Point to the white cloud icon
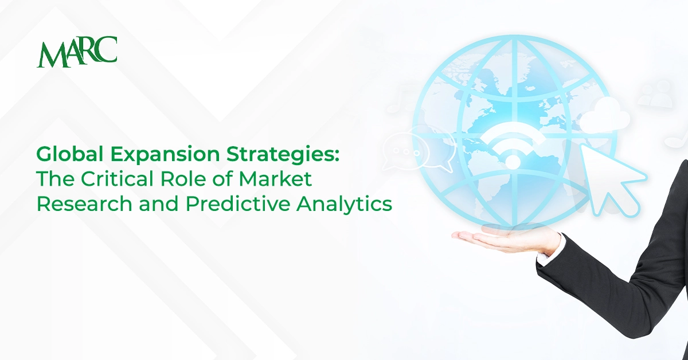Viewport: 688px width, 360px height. click(604, 115)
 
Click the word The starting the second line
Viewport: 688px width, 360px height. click(53, 179)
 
